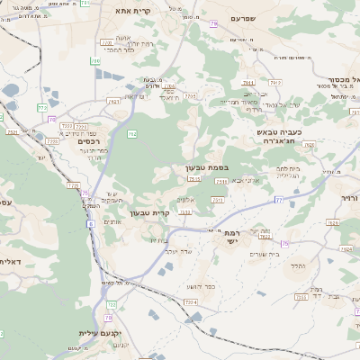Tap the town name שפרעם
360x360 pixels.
(242, 18)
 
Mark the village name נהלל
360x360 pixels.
(301, 265)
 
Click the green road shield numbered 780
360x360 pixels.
(95, 61)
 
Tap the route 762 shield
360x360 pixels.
(132, 134)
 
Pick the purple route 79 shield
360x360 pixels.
(214, 24)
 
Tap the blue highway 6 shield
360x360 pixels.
(91, 224)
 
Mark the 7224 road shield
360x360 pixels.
(189, 302)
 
